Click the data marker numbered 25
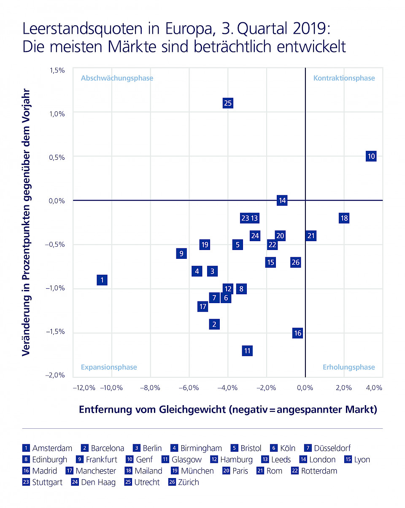click(228, 103)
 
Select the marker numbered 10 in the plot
click(371, 156)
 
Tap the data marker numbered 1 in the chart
click(102, 280)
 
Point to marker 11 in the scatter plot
click(247, 350)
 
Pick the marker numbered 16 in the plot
click(297, 333)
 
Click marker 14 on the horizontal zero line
click(282, 200)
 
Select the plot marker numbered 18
click(344, 218)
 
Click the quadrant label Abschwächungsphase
click(117, 78)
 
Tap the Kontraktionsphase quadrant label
click(344, 78)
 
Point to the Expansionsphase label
click(109, 367)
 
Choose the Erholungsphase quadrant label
click(348, 367)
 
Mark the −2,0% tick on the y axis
click(55, 375)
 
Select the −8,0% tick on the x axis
click(151, 388)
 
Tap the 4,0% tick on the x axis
click(374, 388)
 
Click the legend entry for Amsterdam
click(47, 448)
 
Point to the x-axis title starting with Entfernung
click(228, 409)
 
